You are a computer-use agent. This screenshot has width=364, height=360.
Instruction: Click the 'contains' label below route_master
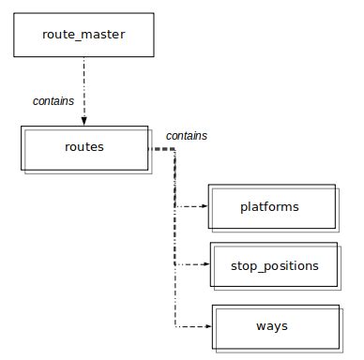tap(53, 100)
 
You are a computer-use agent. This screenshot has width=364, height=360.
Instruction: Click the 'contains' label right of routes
tap(187, 136)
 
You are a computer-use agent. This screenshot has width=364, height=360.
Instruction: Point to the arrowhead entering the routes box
tap(84, 121)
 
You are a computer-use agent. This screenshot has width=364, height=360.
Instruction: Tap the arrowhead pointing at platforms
tap(205, 205)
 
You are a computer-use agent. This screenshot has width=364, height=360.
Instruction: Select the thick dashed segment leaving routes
tap(162, 148)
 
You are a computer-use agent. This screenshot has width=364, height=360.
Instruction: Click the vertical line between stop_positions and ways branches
tap(175, 295)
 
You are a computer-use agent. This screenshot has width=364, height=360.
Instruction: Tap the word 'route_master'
tap(83, 37)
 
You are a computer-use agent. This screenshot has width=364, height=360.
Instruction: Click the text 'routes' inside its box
tap(84, 147)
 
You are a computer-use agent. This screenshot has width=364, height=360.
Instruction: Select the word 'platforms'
tap(269, 206)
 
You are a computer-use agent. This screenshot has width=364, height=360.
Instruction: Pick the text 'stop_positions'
tap(274, 266)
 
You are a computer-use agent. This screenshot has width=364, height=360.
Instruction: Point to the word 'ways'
tap(271, 326)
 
